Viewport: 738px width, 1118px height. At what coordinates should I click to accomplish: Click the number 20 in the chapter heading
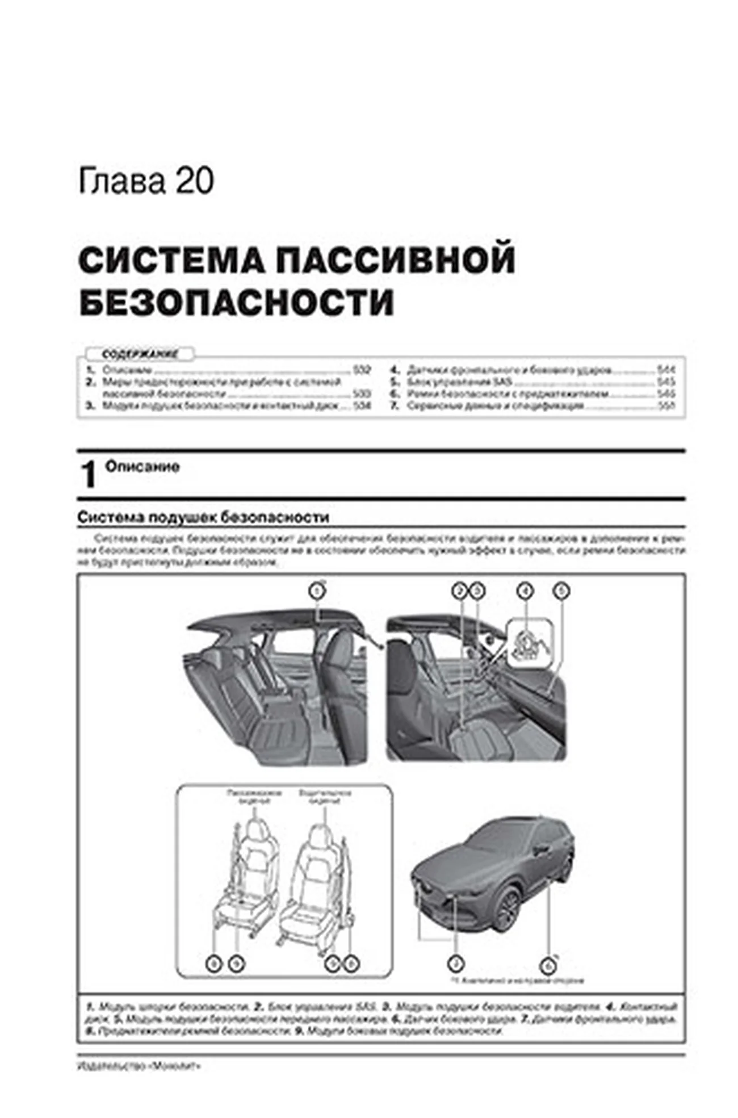point(195,181)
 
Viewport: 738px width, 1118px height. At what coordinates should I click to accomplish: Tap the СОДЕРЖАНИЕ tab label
point(140,354)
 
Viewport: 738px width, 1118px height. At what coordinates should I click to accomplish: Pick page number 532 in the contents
point(362,370)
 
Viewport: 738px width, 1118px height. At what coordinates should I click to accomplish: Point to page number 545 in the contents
point(666,382)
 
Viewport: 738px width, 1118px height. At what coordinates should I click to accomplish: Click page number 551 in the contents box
point(666,406)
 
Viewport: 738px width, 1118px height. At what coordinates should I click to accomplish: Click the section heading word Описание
point(142,467)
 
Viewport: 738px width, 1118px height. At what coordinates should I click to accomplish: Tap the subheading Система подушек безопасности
point(203,517)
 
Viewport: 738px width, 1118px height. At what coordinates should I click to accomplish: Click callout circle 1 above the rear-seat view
point(317,592)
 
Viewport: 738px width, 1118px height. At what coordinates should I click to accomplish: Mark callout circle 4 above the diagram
point(526,592)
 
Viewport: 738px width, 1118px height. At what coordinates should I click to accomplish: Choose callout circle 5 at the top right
point(561,592)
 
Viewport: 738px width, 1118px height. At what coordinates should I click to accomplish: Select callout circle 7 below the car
point(455,963)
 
